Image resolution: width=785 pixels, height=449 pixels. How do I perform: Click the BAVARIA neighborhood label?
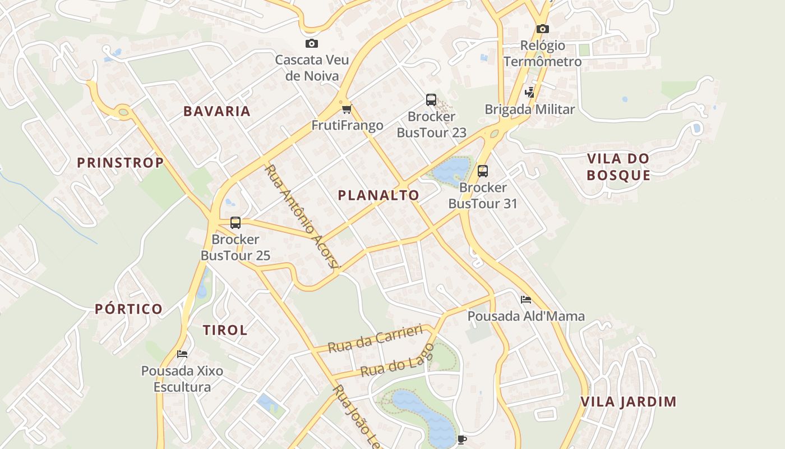[x=217, y=111]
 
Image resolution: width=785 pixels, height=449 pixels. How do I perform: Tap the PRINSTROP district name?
[x=120, y=163]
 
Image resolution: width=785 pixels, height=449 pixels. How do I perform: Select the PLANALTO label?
[x=378, y=195]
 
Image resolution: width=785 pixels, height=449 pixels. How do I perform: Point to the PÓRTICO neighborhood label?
[x=128, y=309]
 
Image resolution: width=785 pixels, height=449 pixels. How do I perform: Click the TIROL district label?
[x=225, y=330]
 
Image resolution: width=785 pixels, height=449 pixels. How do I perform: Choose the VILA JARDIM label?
[x=629, y=402]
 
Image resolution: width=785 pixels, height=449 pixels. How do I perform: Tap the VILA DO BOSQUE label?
[x=618, y=167]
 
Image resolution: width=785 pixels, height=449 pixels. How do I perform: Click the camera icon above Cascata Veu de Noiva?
[x=312, y=43]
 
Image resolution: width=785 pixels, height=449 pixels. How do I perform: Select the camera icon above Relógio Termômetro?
[x=542, y=29]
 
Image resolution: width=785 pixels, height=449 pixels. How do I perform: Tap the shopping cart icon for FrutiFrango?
[x=347, y=109]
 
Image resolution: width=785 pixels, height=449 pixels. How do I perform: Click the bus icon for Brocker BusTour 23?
[x=431, y=100]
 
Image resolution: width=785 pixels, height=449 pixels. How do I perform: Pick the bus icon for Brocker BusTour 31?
[x=483, y=171]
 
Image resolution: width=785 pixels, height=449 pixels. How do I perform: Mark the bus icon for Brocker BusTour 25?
[x=235, y=223]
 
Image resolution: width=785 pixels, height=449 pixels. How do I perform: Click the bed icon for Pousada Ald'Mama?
[x=526, y=300]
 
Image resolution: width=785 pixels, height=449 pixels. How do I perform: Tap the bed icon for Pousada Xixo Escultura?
[x=182, y=354]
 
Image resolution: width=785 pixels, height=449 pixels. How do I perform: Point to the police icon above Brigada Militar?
[x=529, y=92]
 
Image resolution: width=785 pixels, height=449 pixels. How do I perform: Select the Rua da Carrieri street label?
[x=375, y=339]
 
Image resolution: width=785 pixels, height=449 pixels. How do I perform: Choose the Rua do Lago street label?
[x=397, y=360]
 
